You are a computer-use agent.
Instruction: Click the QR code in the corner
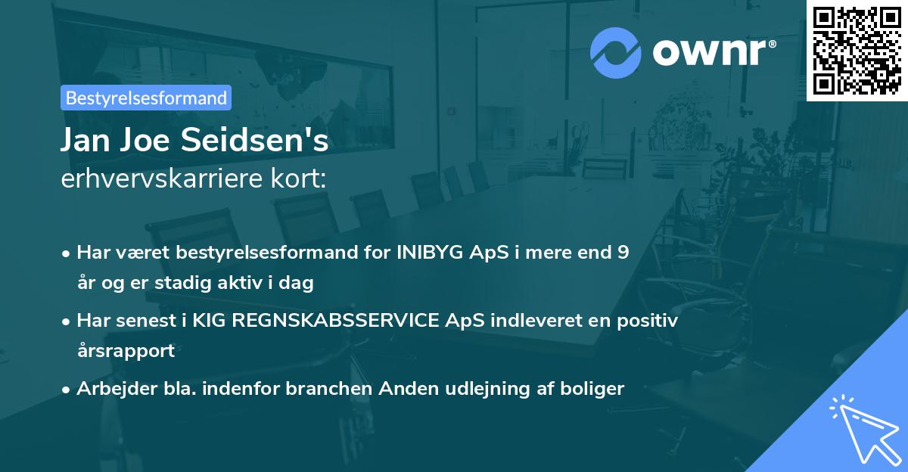tap(857, 50)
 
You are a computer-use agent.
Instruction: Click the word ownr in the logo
tap(714, 53)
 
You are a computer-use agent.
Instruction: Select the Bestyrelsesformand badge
tap(146, 98)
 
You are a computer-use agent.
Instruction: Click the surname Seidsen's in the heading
tap(266, 141)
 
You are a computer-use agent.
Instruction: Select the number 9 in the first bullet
tap(622, 253)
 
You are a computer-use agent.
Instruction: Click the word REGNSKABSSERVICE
tap(333, 320)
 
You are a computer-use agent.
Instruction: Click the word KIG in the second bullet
tap(210, 320)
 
